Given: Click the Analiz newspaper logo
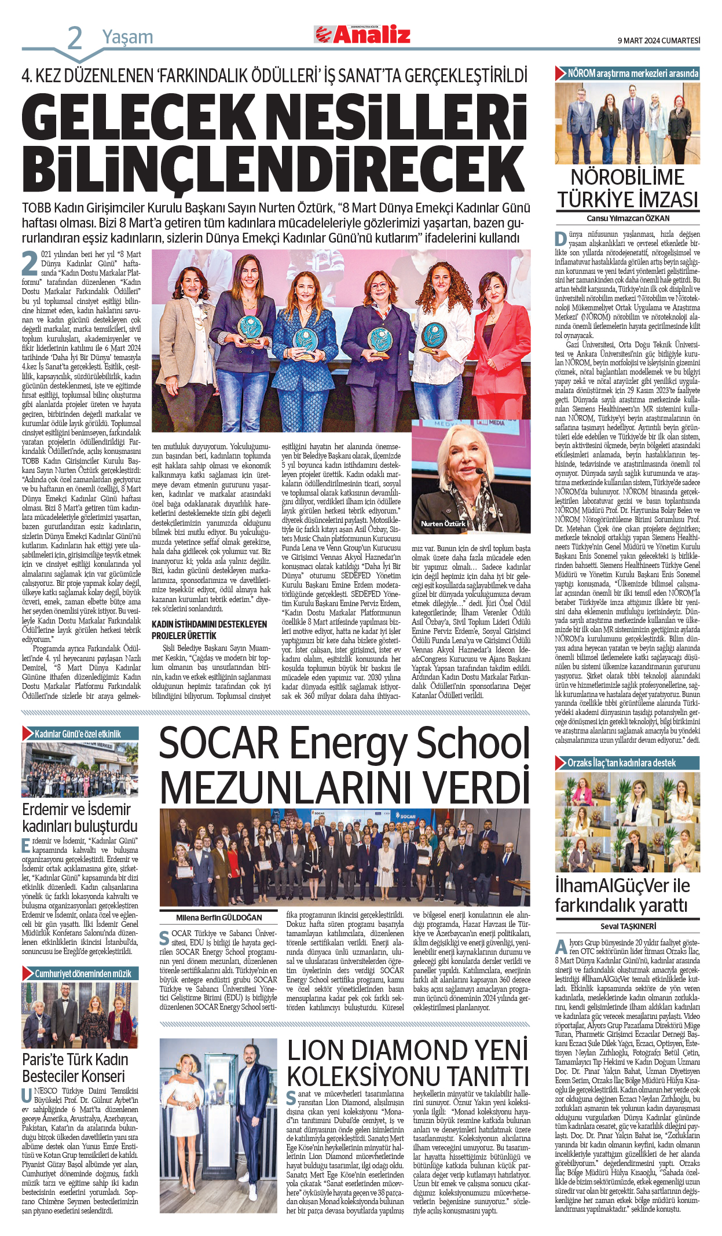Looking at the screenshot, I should pyautogui.click(x=362, y=35).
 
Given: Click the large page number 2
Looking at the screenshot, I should pyautogui.click(x=75, y=38).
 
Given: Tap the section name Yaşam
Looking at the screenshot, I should pyautogui.click(x=128, y=37).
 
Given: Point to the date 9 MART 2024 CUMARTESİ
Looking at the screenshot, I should pyautogui.click(x=659, y=41).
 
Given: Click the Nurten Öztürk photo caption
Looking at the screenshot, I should pyautogui.click(x=443, y=523).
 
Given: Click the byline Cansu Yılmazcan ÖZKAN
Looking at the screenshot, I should pyautogui.click(x=628, y=218).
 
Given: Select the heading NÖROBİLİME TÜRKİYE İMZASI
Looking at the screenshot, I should pyautogui.click(x=628, y=188).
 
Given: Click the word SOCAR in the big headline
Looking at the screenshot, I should pyautogui.click(x=219, y=743).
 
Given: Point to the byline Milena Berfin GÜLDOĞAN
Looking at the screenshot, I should pyautogui.click(x=219, y=918).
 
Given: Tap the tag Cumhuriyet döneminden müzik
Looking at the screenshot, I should pyautogui.click(x=83, y=974).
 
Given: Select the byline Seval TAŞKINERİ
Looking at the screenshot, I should pyautogui.click(x=628, y=926).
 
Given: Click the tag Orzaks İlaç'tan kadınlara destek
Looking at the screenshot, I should pyautogui.click(x=621, y=763).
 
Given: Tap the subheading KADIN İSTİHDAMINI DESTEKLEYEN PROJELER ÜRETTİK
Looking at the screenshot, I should pyautogui.click(x=209, y=630).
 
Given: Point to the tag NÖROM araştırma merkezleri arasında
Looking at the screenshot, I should pyautogui.click(x=633, y=74).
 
